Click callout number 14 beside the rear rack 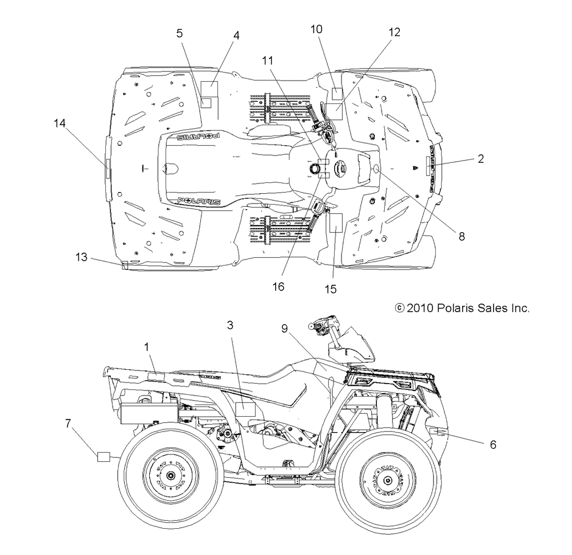[59, 123]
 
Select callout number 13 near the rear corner [81, 257]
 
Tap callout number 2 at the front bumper [480, 158]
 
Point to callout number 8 [462, 237]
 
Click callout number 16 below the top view [278, 287]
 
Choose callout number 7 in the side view [68, 424]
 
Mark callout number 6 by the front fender [493, 445]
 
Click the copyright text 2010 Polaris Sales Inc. [462, 308]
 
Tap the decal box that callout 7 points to [104, 457]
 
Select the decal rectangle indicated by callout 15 [336, 223]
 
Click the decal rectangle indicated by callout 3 [245, 409]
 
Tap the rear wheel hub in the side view [170, 476]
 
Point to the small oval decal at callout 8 [376, 169]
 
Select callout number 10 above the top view [316, 29]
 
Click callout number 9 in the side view [284, 329]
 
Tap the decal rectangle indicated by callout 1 [156, 377]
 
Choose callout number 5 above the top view [179, 33]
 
